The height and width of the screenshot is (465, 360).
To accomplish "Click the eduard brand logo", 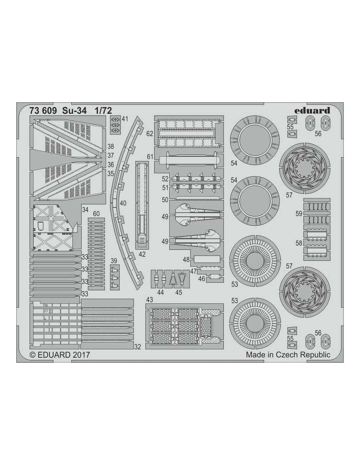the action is coord(312,111).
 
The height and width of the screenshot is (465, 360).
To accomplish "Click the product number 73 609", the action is coord(43,111).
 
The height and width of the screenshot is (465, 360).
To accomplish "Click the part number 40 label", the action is coord(123,203).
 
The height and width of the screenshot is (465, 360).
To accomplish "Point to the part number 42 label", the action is coord(142,254).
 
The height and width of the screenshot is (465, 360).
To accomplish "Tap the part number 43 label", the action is coord(149,300).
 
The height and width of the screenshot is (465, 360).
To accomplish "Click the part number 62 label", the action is coord(150,134).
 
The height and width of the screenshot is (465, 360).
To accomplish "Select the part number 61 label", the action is coord(150,157).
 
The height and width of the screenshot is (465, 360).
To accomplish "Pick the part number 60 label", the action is coord(96,214).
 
